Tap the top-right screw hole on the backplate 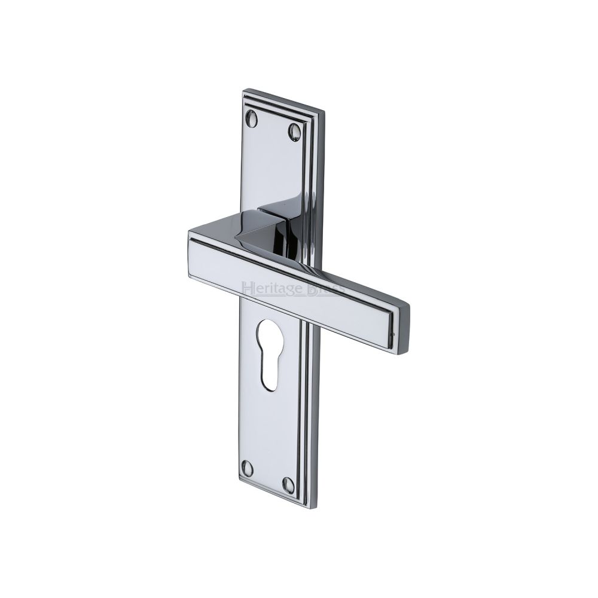pos(294,131)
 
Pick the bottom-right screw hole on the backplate pos(288,483)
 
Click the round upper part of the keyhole pos(270,332)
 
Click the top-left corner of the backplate pos(243,91)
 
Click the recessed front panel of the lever pos(287,281)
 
